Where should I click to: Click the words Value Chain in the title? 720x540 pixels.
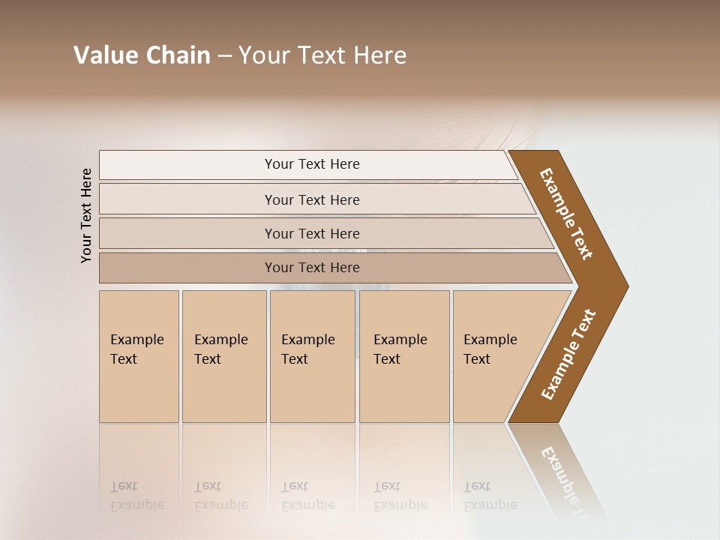pyautogui.click(x=142, y=55)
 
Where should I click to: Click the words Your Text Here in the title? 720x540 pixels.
pyautogui.click(x=322, y=55)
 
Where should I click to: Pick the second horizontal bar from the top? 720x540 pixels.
pyautogui.click(x=312, y=199)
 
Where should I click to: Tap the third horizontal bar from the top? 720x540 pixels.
pyautogui.click(x=312, y=233)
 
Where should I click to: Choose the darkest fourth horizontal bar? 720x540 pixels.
pyautogui.click(x=312, y=268)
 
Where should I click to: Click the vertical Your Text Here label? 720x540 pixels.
pyautogui.click(x=86, y=215)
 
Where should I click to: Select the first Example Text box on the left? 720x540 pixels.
pyautogui.click(x=139, y=356)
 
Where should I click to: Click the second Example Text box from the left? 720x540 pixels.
pyautogui.click(x=224, y=356)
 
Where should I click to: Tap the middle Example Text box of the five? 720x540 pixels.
pyautogui.click(x=312, y=356)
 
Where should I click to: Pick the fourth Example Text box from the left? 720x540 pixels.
pyautogui.click(x=404, y=356)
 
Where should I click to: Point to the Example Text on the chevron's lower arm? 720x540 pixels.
pyautogui.click(x=568, y=355)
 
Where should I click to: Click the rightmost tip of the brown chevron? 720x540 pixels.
pyautogui.click(x=626, y=286)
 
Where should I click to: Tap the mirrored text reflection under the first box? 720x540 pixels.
pyautogui.click(x=137, y=496)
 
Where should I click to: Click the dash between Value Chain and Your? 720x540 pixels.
pyautogui.click(x=224, y=56)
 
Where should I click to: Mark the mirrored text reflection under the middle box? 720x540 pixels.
pyautogui.click(x=308, y=496)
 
